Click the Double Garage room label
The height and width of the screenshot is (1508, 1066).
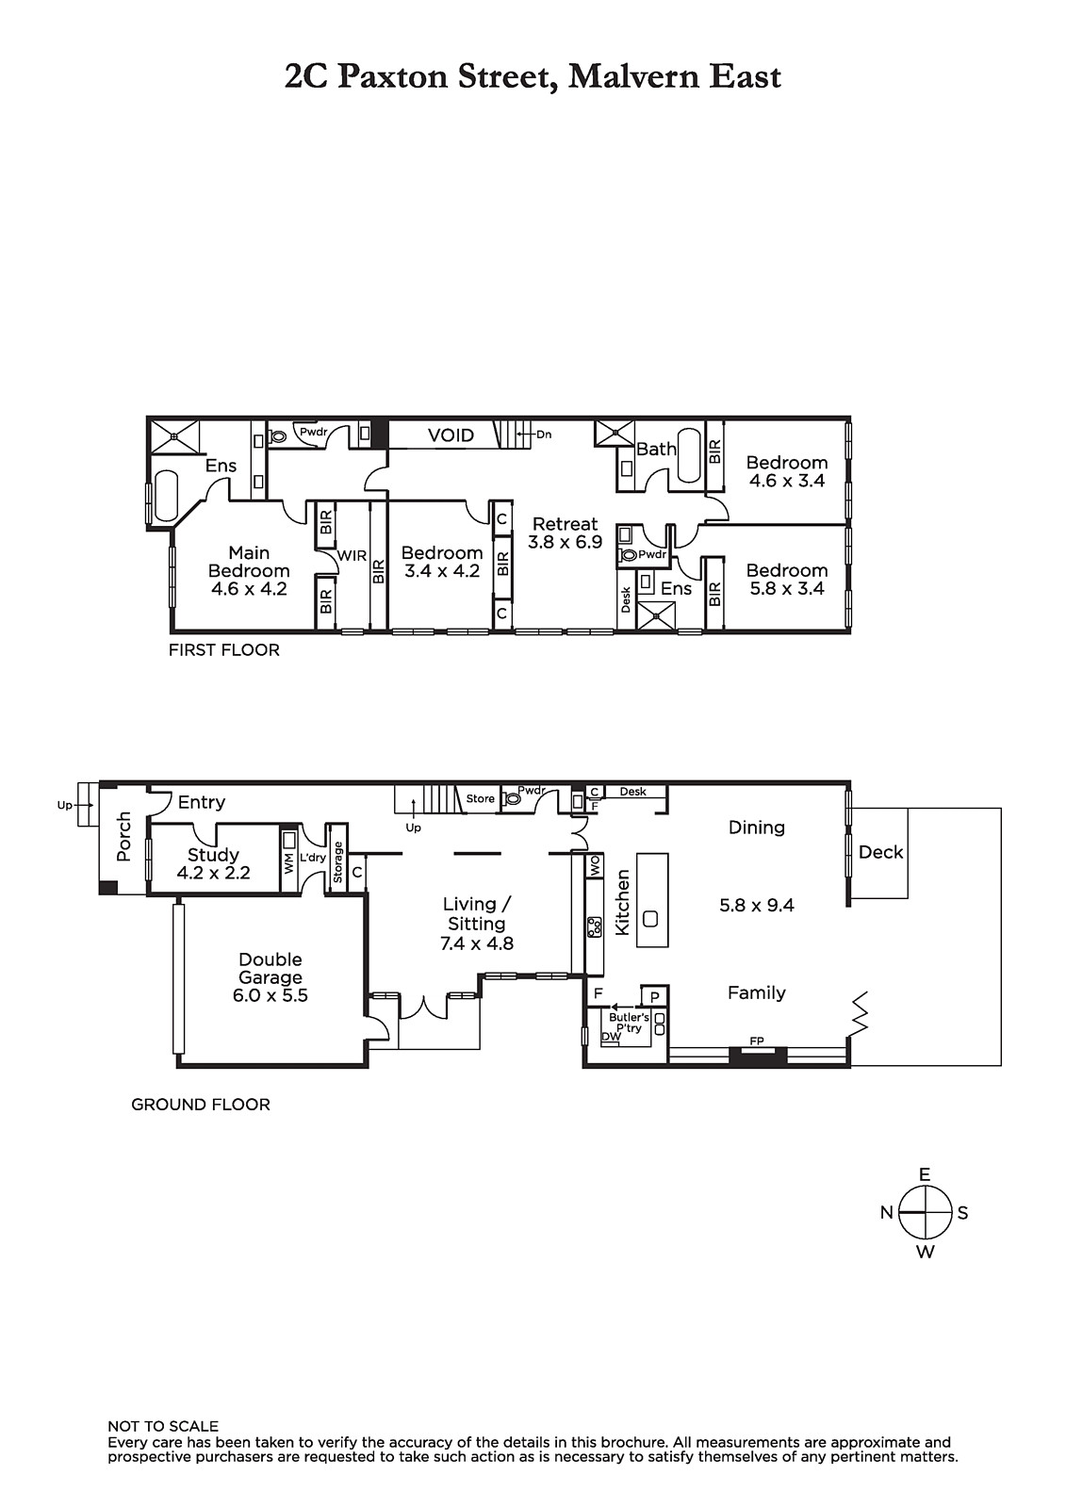tap(271, 977)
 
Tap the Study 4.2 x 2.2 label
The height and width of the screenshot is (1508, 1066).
tap(213, 863)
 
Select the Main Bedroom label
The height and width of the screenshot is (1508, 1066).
tap(249, 571)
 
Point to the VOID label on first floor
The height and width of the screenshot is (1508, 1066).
tap(451, 435)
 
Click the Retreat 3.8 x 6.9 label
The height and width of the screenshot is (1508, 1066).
tap(565, 533)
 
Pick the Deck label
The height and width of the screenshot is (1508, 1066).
tap(881, 852)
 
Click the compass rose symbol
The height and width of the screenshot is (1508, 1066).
tap(926, 1212)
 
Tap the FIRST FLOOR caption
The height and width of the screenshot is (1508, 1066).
tap(224, 650)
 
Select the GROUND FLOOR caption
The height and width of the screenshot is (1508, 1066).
tap(201, 1105)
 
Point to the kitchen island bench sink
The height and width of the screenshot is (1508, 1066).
tap(649, 918)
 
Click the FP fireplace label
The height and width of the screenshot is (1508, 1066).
tap(757, 1041)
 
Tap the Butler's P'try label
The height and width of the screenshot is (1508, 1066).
tap(629, 1024)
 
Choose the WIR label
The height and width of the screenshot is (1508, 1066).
tap(353, 556)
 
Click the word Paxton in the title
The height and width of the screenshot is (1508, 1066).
tap(393, 76)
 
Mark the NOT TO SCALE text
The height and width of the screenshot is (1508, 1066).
tap(163, 1427)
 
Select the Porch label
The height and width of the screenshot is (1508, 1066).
tap(123, 837)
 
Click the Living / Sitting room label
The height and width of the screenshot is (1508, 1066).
tap(477, 924)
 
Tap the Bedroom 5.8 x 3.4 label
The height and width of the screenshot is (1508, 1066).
tap(786, 580)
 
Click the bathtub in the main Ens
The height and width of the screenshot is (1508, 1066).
tap(166, 496)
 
